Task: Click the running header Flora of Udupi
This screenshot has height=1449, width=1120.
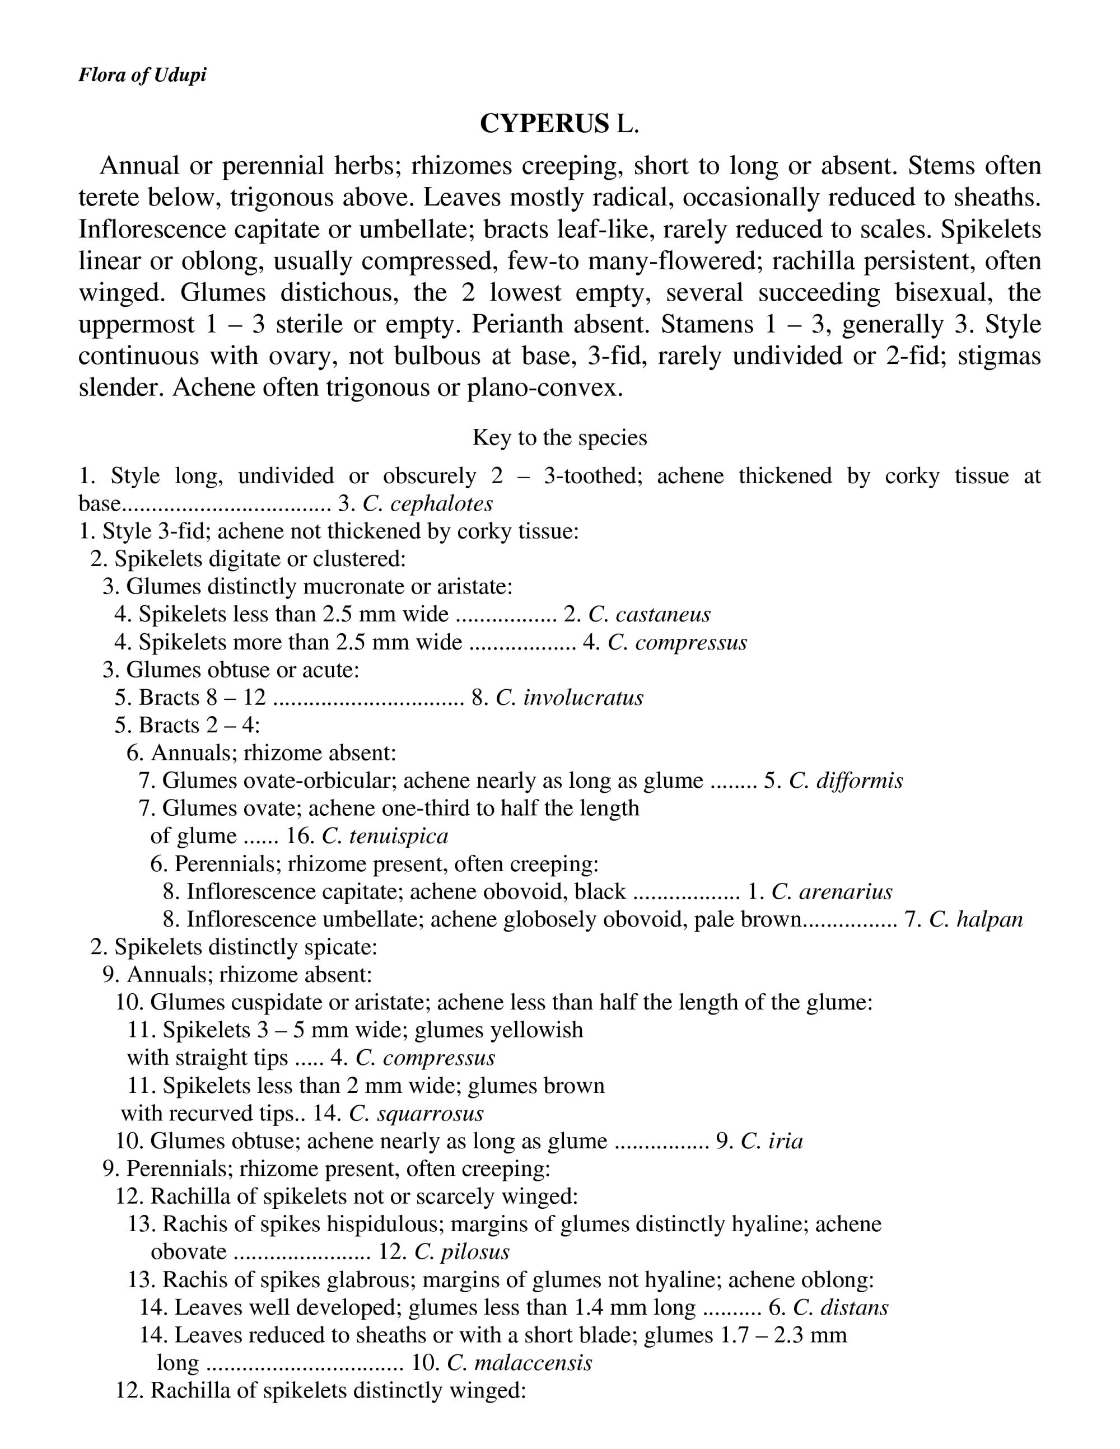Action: click(142, 75)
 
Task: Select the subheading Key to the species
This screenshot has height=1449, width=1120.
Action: click(559, 438)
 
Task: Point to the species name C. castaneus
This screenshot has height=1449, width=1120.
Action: click(649, 615)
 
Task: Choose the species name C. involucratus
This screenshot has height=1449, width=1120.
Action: click(570, 698)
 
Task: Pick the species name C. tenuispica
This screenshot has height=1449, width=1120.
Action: click(385, 836)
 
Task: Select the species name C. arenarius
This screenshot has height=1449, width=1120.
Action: click(832, 892)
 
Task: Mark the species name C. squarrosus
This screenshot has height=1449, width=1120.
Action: click(416, 1113)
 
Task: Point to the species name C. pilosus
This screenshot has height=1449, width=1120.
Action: click(462, 1252)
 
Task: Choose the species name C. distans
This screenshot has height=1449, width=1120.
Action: click(840, 1308)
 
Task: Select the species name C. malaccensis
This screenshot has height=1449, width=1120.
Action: click(520, 1363)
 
